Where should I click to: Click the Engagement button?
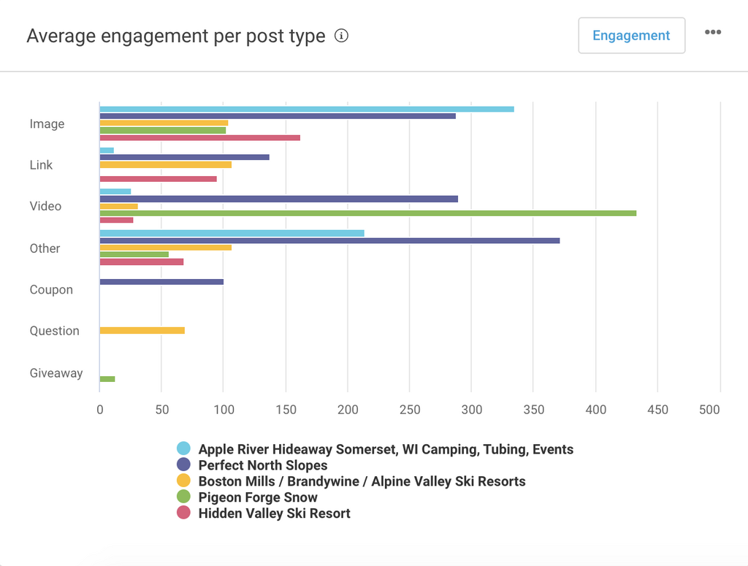point(631,36)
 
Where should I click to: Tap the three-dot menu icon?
point(713,32)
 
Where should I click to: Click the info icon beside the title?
point(341,36)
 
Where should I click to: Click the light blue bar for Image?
point(307,109)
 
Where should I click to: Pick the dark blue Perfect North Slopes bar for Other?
point(329,240)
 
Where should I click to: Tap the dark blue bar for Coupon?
point(161,282)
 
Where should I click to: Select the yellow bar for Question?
point(142,331)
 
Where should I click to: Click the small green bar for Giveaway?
point(107,379)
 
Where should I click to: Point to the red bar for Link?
point(158,179)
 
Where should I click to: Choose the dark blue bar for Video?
point(278,199)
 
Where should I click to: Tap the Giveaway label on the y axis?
point(56,373)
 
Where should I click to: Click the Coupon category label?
point(51,290)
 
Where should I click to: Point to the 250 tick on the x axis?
point(410,410)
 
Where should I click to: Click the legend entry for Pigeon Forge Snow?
point(258,497)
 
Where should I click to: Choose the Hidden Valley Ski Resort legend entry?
point(274,513)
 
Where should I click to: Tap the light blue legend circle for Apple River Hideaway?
point(183,449)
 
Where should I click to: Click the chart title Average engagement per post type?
point(176,37)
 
